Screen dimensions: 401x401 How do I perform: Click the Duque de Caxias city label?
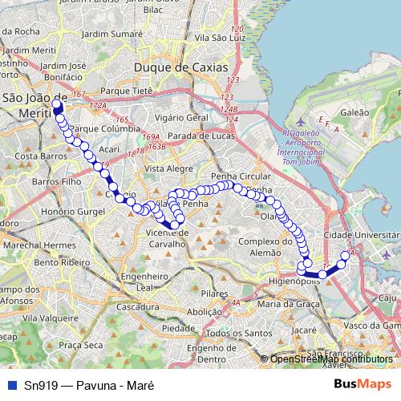(181, 67)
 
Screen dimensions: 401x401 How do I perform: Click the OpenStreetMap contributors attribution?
(330, 359)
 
